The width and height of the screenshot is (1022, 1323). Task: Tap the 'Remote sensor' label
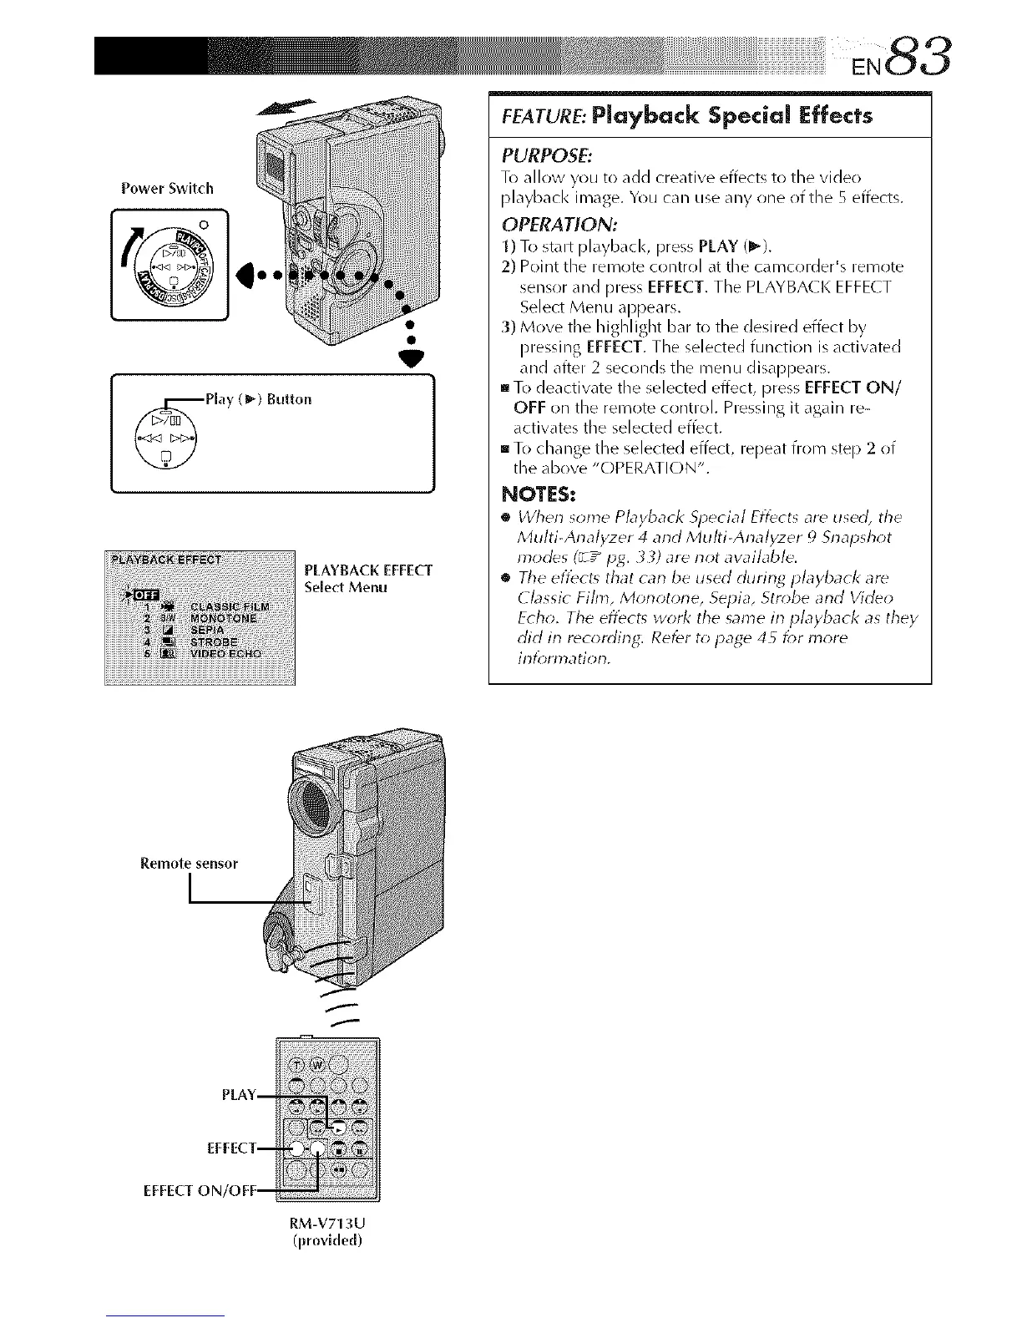click(189, 863)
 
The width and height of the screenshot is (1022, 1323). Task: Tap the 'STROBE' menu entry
click(214, 642)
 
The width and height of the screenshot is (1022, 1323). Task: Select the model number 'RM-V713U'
click(325, 1223)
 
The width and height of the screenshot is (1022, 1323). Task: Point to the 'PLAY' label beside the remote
click(238, 1095)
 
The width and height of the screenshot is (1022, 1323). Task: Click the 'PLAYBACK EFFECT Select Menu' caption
click(368, 579)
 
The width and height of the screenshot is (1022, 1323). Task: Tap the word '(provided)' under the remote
click(325, 1239)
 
